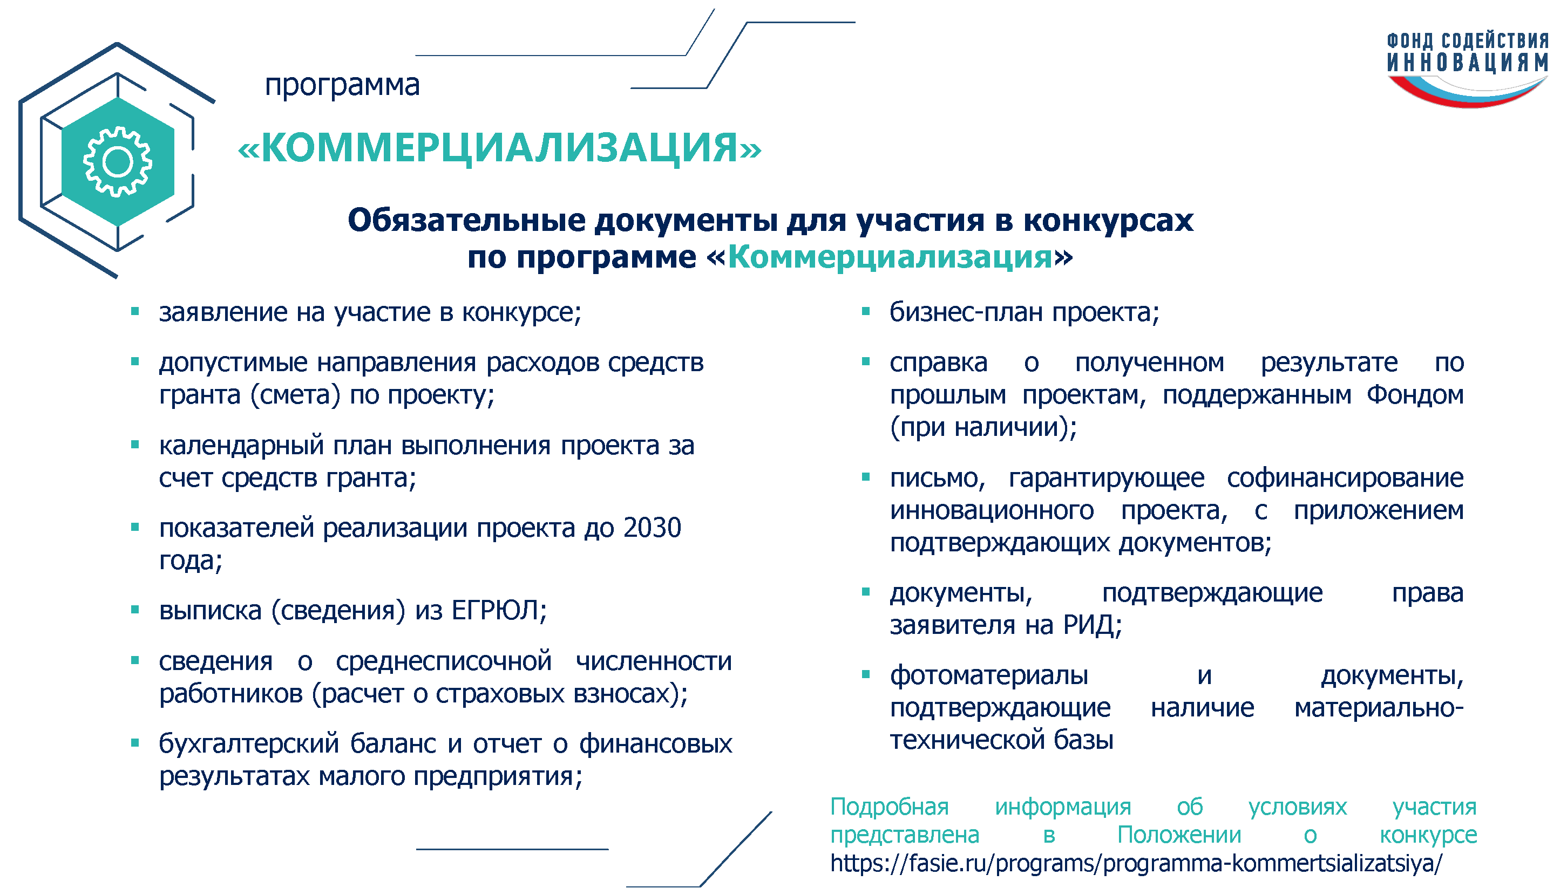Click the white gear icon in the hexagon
coord(118,162)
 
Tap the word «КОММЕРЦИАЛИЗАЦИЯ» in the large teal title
coord(499,148)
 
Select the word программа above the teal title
coord(342,84)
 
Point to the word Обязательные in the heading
coord(467,220)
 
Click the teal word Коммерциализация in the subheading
coord(891,257)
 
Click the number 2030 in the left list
coord(652,528)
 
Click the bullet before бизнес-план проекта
coord(866,312)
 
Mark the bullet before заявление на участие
coord(135,312)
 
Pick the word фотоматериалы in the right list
coord(989,675)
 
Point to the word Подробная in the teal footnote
coord(889,807)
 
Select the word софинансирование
coord(1345,478)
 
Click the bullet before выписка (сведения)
coord(135,610)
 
